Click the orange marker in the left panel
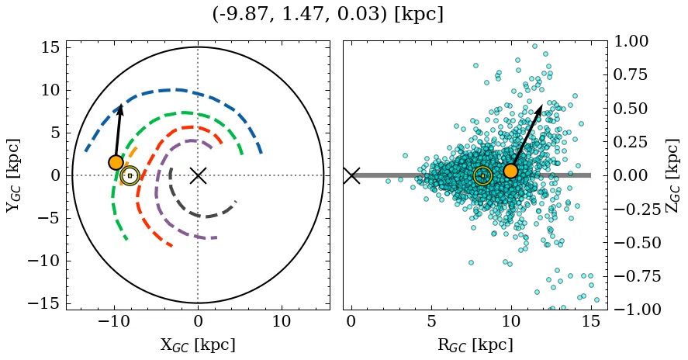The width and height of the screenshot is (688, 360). click(x=116, y=162)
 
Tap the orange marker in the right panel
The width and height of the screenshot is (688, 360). click(x=510, y=171)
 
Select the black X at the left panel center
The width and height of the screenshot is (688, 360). click(x=198, y=175)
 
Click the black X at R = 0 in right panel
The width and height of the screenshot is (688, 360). click(x=351, y=175)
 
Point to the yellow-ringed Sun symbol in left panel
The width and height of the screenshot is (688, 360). click(x=130, y=175)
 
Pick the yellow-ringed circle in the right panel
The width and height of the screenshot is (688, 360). click(x=482, y=175)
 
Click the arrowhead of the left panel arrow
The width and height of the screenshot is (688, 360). click(x=120, y=109)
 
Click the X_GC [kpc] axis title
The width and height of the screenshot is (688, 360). click(x=198, y=345)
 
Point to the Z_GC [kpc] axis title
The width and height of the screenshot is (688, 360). click(x=673, y=175)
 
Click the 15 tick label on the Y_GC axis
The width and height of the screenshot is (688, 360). click(x=51, y=47)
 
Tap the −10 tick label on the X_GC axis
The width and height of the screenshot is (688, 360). click(x=114, y=322)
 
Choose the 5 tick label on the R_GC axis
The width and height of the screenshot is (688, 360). click(x=431, y=322)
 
